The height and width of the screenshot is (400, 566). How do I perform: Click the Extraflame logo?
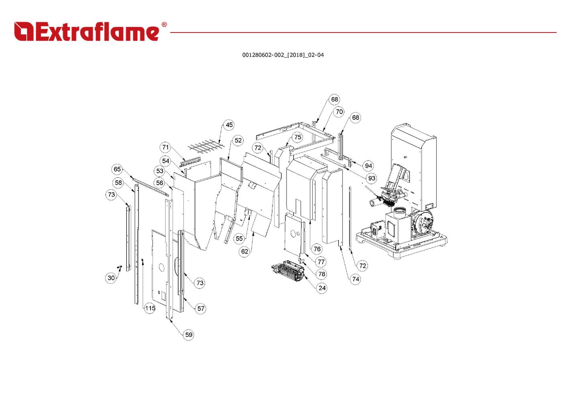(86, 32)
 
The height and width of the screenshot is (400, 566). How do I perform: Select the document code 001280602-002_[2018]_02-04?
(283, 55)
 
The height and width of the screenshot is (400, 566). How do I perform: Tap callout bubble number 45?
(229, 125)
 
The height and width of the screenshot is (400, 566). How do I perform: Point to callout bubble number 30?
(111, 278)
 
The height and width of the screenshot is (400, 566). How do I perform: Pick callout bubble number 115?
(150, 308)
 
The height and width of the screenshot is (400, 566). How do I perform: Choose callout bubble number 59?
(188, 335)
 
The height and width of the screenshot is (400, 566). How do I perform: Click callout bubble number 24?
(322, 288)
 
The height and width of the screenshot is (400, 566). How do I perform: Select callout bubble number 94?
(369, 165)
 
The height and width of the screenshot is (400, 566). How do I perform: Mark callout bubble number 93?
(372, 178)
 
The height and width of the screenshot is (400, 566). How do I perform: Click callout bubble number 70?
(339, 112)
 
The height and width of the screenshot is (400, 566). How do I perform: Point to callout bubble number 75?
(297, 137)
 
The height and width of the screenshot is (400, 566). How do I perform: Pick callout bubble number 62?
(244, 251)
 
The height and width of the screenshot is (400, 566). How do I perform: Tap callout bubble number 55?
(239, 239)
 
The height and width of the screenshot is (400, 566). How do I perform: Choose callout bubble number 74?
(355, 279)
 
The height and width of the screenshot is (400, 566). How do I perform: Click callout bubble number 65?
(117, 169)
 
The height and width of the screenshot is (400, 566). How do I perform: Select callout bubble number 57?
(201, 308)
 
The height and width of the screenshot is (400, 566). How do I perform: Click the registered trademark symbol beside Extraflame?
(164, 25)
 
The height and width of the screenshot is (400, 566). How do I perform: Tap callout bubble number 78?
(322, 274)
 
